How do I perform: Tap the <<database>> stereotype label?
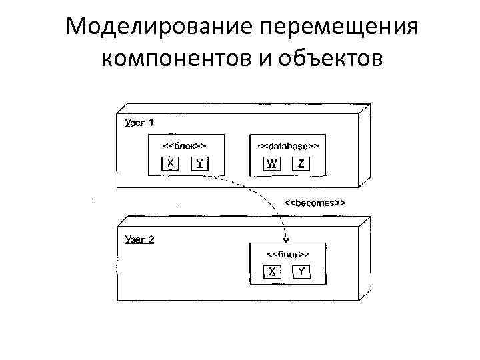pos(288,145)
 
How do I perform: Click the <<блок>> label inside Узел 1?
pos(185,145)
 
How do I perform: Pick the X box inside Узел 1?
pos(171,163)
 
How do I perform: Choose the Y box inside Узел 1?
pos(199,163)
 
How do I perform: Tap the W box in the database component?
pos(273,163)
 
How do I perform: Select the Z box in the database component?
pos(301,163)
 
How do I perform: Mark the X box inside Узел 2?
pos(273,271)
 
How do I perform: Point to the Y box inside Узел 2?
pos(301,271)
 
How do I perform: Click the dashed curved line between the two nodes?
pos(267,193)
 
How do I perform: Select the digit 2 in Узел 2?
pos(151,239)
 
